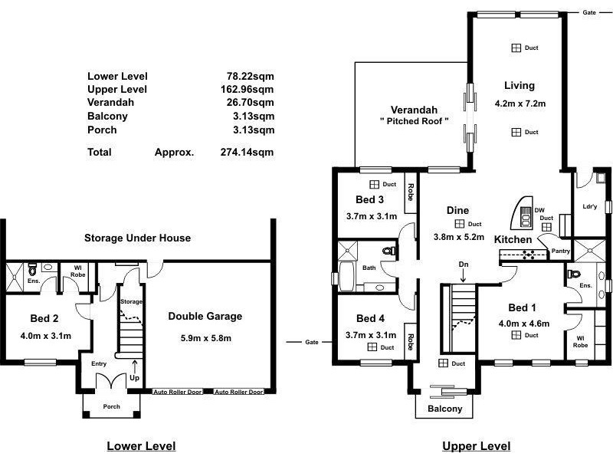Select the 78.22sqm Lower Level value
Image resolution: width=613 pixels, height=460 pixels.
[x=247, y=76]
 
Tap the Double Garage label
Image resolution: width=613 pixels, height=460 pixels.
[x=205, y=316]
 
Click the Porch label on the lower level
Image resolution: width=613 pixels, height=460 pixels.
[x=112, y=407]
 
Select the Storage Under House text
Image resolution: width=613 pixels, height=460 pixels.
[x=137, y=238]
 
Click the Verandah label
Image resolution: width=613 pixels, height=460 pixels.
[x=414, y=109]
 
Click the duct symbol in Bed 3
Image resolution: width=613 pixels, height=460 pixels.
[x=375, y=185]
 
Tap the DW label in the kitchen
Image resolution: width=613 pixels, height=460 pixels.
[x=539, y=210]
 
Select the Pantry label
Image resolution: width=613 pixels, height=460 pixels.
[x=560, y=251]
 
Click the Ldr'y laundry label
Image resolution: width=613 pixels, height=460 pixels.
[x=590, y=205]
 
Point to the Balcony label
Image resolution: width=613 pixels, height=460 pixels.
[x=444, y=409]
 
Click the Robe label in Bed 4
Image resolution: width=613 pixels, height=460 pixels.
[x=411, y=337]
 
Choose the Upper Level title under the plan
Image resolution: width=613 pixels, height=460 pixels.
[x=476, y=446]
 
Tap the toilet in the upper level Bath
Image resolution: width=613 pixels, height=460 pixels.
[x=387, y=251]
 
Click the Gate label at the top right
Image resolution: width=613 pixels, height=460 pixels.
[x=588, y=13]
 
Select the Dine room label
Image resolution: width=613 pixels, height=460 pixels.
[x=457, y=210]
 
